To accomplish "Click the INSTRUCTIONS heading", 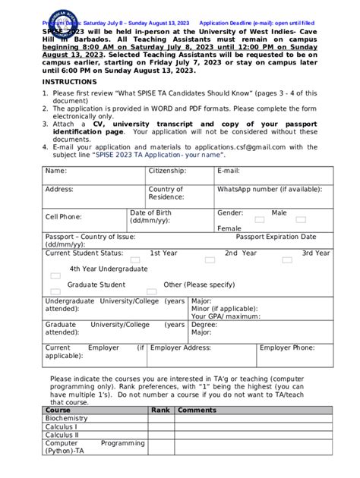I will tap(65, 81).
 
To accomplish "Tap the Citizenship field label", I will tap(167, 171).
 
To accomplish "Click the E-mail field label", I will tap(229, 171).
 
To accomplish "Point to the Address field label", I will tap(59, 189).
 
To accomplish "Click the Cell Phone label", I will tap(64, 216).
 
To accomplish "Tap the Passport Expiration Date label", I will tap(276, 237).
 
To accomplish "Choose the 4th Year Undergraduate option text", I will tap(109, 269).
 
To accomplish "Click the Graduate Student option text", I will tap(96, 285).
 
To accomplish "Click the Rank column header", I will tap(159, 410).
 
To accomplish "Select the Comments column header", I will tap(197, 410).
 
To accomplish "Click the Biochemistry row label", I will tap(67, 418).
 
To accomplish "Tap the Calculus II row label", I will tap(62, 435).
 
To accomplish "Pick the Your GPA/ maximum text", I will tap(226, 316).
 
